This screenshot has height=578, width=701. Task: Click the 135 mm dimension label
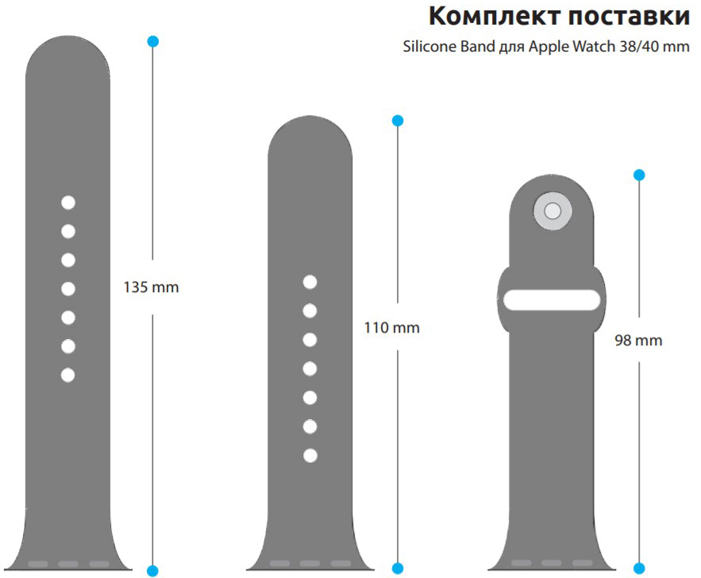tap(151, 287)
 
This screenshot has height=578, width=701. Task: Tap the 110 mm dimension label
tap(391, 327)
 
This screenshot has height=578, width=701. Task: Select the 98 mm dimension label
tap(638, 341)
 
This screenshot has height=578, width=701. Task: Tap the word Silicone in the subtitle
tap(428, 47)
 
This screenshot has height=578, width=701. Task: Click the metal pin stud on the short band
tap(553, 211)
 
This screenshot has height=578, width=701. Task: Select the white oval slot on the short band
tap(552, 300)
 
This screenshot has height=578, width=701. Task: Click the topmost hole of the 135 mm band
tap(68, 202)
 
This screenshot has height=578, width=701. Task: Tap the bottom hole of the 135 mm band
tap(68, 375)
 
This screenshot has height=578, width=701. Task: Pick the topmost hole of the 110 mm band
tap(310, 282)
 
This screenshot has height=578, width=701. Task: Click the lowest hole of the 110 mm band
tap(310, 455)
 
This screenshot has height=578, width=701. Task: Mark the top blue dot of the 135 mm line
tap(153, 40)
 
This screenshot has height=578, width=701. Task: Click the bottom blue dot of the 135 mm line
tap(153, 570)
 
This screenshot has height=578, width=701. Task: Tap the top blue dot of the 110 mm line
tap(398, 121)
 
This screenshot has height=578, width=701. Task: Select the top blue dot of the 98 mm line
tap(639, 175)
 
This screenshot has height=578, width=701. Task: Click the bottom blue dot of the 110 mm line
tap(398, 570)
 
